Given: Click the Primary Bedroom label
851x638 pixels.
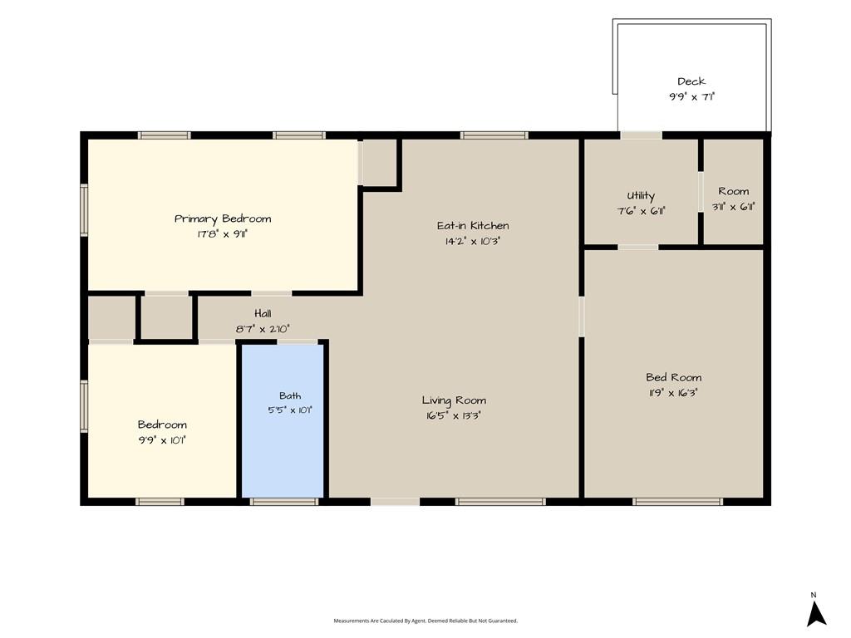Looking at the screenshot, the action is click(x=223, y=218).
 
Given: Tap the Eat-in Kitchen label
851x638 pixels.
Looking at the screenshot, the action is click(x=473, y=225).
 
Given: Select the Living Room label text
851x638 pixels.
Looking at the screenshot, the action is click(x=454, y=400).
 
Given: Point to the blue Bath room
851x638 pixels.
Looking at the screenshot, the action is click(x=283, y=420).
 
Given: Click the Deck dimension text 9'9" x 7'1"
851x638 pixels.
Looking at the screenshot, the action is click(x=691, y=97).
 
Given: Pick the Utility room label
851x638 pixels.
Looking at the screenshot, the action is click(x=641, y=196).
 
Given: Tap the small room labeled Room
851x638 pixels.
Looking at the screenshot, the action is click(x=733, y=192).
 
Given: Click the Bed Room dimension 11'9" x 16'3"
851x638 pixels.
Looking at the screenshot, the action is click(x=673, y=393).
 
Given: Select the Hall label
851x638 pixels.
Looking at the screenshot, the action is click(x=263, y=313).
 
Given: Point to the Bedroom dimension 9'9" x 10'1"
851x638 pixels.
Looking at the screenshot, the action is click(x=162, y=440).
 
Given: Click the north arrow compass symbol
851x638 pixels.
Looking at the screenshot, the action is click(x=816, y=614).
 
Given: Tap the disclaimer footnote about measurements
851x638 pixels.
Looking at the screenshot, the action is click(x=425, y=621).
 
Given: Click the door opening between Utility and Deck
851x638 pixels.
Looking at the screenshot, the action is click(x=642, y=135).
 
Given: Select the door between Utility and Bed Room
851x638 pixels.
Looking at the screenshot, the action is click(x=638, y=248).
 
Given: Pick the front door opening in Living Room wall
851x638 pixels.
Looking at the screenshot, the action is click(x=395, y=501).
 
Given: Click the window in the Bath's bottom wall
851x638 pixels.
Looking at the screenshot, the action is click(x=284, y=501).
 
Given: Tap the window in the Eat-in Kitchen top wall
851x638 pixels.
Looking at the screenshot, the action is click(x=494, y=135).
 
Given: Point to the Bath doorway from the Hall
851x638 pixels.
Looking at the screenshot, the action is click(x=298, y=341).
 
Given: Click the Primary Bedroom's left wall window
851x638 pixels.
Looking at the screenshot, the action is click(x=84, y=210).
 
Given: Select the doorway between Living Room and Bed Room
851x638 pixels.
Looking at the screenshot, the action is click(x=581, y=317).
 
